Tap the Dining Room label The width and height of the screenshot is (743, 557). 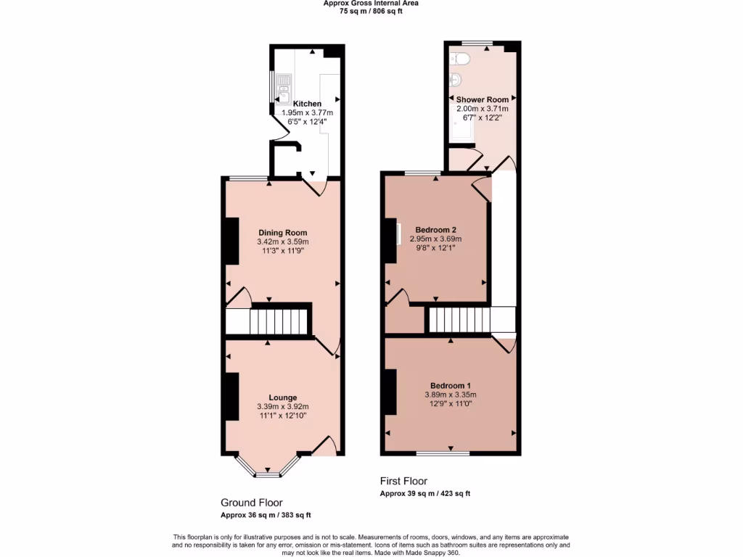tap(282, 233)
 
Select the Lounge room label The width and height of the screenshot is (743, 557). tap(282, 397)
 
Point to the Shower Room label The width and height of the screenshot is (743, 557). tap(482, 99)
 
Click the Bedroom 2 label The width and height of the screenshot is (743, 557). tap(435, 229)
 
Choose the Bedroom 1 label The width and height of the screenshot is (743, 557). tap(451, 385)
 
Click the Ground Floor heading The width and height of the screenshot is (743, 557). tap(251, 503)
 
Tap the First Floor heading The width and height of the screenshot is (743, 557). tap(403, 481)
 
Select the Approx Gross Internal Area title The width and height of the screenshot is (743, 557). tap(371, 3)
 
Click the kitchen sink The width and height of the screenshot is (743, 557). tap(282, 84)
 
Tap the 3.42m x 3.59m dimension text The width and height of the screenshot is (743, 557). tap(282, 242)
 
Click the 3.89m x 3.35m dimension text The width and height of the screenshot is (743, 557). tap(451, 395)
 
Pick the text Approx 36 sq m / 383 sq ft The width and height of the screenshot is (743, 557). tap(266, 516)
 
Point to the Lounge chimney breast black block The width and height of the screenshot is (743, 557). tap(231, 397)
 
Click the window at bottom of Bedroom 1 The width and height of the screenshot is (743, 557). tap(443, 453)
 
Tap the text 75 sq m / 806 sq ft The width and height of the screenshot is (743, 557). tap(371, 11)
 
